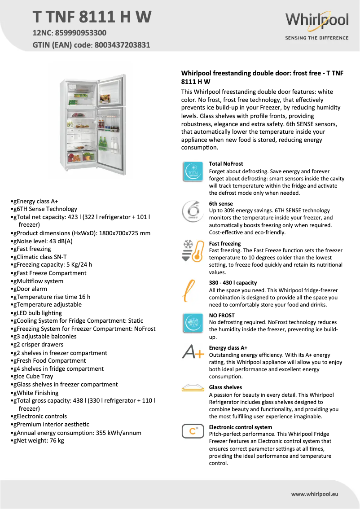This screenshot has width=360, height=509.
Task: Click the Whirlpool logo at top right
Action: pos(316,20)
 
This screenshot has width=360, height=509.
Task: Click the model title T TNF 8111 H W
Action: pos(92,17)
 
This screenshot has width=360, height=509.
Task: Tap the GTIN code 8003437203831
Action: pos(122,45)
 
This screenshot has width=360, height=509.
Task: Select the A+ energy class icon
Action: pos(193,352)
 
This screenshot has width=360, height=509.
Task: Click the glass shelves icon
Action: pos(193,387)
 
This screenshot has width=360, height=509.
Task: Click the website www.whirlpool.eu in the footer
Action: pos(314,494)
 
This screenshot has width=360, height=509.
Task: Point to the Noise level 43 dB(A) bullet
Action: pos(43,241)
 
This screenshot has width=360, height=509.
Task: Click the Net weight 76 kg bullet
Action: pos(39,441)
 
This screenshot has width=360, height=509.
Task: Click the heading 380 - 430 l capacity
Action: pos(233,283)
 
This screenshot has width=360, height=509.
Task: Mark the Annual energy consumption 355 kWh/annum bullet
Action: pos(77,433)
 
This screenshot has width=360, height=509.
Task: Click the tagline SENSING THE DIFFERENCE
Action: pos(316,38)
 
